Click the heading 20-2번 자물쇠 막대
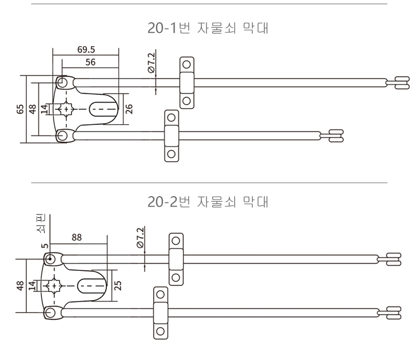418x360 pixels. tap(208, 202)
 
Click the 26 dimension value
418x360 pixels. tap(129, 108)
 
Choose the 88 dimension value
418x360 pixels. tap(76, 237)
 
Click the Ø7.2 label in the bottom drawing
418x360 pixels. tap(140, 237)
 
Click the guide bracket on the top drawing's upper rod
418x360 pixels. tap(186, 82)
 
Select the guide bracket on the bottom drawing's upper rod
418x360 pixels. tap(176, 259)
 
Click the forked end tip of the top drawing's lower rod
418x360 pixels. tap(336, 135)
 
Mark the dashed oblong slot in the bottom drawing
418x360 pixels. tap(91, 285)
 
